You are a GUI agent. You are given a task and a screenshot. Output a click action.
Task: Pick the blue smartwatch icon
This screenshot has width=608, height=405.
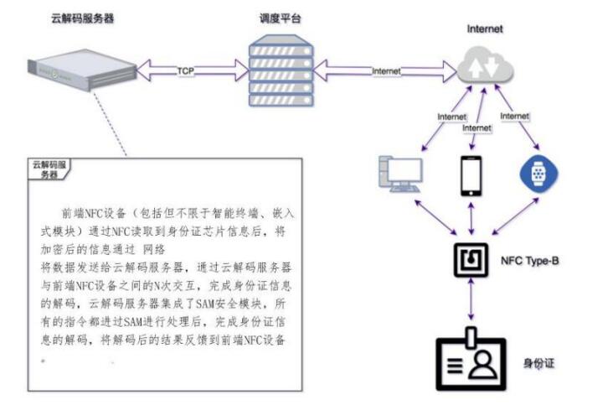click(x=538, y=174)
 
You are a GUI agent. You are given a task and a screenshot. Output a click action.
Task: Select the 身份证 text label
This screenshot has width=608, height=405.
click(x=539, y=363)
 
